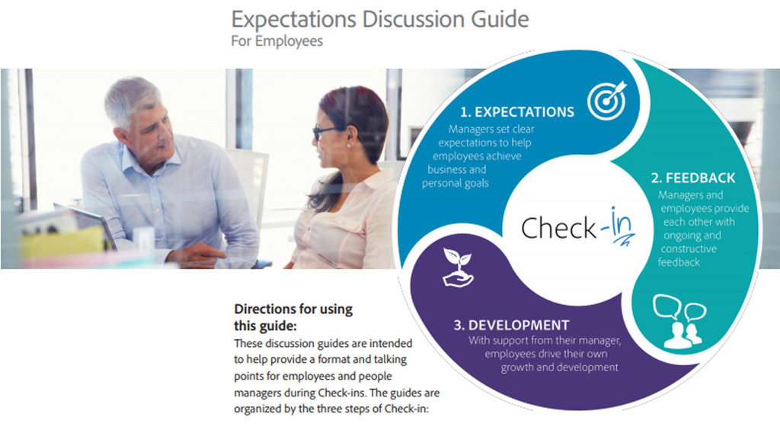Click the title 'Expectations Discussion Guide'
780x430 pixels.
(380, 19)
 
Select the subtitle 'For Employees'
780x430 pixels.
(277, 41)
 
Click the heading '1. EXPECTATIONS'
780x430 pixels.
(517, 112)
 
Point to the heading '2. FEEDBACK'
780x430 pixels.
(693, 178)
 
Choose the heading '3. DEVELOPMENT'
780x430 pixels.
(511, 325)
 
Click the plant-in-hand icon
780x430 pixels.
(458, 268)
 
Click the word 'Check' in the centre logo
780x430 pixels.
(558, 229)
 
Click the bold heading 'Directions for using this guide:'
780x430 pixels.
(293, 317)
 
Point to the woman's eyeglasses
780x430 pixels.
(323, 133)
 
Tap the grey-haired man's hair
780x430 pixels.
(131, 100)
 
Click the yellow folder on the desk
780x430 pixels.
(62, 243)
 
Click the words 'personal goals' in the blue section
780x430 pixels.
(456, 183)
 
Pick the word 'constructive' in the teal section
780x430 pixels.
(689, 249)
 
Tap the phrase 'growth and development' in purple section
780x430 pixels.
(559, 367)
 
